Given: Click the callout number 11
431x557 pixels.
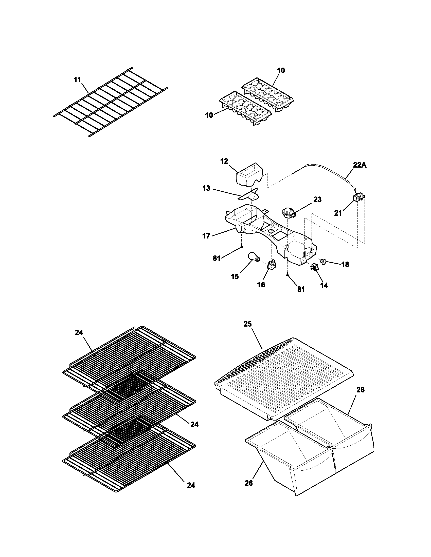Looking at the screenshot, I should click(x=77, y=79).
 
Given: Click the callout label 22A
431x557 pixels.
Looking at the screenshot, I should click(x=360, y=165).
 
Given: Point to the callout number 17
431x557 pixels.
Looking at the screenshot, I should click(x=206, y=236).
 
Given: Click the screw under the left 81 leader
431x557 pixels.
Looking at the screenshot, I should click(x=241, y=246).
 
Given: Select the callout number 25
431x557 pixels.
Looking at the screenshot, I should click(x=247, y=324).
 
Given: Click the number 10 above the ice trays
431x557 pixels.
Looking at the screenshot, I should click(x=281, y=70).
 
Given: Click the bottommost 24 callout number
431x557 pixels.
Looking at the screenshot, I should click(x=191, y=485).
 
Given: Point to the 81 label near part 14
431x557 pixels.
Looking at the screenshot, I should click(x=301, y=289).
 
